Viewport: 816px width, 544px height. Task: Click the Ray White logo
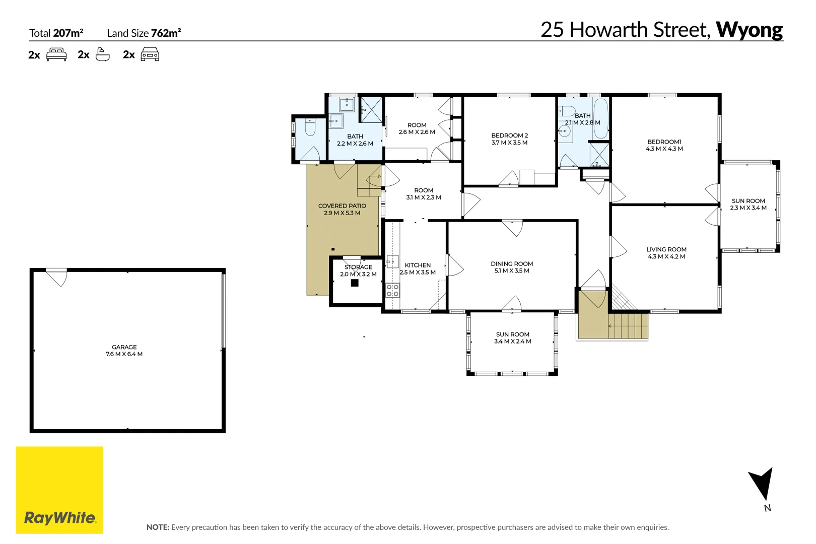pos(59,490)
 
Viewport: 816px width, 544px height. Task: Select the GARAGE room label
pos(124,347)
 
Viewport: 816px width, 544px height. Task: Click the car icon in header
pos(150,54)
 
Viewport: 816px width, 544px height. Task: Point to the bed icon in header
pos(56,54)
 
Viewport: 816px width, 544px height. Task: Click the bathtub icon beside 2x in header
pos(102,54)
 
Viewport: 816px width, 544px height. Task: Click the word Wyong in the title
pos(749,30)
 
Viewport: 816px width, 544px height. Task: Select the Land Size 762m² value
pos(166,33)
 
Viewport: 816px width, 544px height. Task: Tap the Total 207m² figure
pos(68,33)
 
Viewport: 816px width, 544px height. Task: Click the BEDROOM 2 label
pos(509,135)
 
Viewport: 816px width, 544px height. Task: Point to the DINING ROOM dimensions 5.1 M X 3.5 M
pos(512,271)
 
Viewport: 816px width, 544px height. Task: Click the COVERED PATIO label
pos(342,206)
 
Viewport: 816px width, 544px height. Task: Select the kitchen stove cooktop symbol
pos(392,291)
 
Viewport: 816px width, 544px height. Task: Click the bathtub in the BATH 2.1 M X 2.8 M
pos(600,119)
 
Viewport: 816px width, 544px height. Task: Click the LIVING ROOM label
pos(666,249)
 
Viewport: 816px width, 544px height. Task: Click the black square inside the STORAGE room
pos(355,283)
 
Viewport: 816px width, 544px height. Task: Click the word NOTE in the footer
pos(157,527)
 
